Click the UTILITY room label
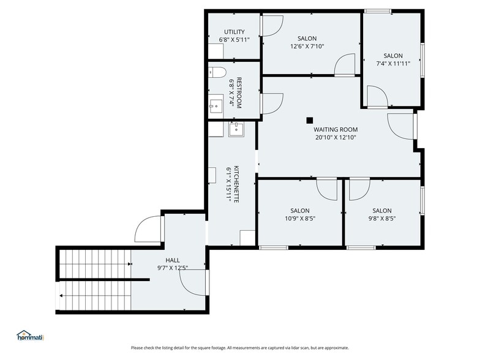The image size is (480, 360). click(x=234, y=32)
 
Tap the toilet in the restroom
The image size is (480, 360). click(x=217, y=72)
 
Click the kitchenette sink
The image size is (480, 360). click(x=236, y=129)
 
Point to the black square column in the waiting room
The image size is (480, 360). click(x=310, y=120)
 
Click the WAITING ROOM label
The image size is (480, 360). click(x=336, y=130)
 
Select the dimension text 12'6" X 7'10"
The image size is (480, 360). click(x=307, y=47)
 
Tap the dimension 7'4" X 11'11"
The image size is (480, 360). click(x=393, y=64)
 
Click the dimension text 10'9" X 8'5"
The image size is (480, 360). click(x=300, y=219)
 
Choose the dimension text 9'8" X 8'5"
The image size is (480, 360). click(x=382, y=219)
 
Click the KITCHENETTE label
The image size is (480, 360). click(x=236, y=184)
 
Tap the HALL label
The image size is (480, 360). click(x=173, y=260)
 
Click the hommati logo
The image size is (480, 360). click(x=31, y=336)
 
